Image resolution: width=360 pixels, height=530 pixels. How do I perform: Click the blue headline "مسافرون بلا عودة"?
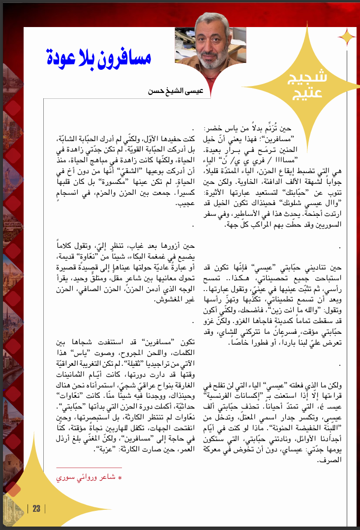pos(99,58)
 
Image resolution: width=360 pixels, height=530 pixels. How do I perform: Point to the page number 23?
pos(36,509)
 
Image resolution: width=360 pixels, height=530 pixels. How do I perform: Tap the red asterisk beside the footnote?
pos(120,478)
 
